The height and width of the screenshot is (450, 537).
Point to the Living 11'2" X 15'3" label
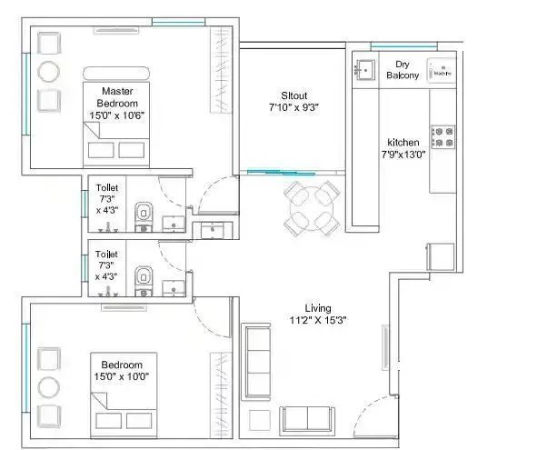point(317,314)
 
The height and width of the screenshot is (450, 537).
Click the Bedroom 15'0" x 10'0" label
point(124,369)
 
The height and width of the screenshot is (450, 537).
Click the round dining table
point(312,208)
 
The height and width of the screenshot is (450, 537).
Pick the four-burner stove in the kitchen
point(443,136)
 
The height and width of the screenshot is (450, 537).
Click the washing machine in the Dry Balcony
point(441,69)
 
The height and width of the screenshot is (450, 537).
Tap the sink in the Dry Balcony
point(365,69)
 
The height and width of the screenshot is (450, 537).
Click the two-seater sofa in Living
point(306,419)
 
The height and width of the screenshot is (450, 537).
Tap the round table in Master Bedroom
point(48,72)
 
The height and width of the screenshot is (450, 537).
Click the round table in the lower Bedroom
point(48,387)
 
